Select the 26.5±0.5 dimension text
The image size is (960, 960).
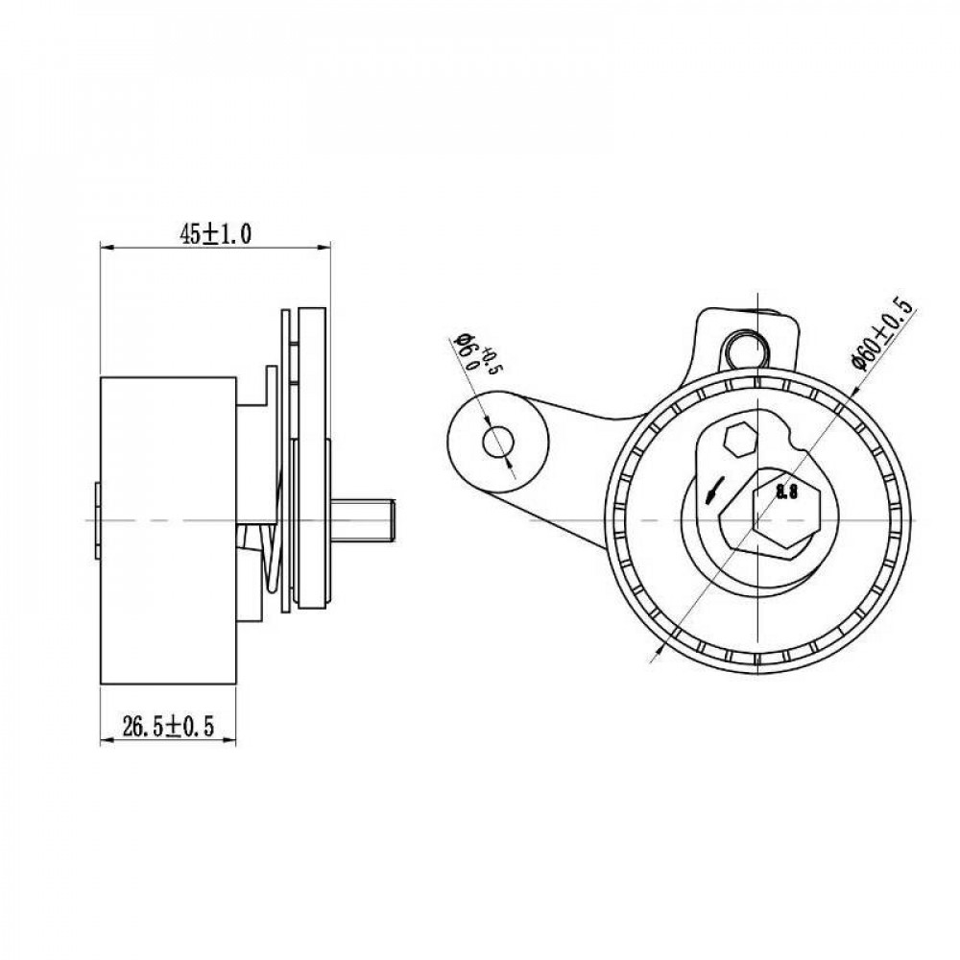pyautogui.click(x=168, y=727)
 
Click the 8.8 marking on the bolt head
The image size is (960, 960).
pyautogui.click(x=787, y=492)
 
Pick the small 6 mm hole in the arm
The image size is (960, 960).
pyautogui.click(x=497, y=443)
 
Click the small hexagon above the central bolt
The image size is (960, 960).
pyautogui.click(x=739, y=439)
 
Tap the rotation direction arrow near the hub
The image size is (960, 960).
pyautogui.click(x=714, y=490)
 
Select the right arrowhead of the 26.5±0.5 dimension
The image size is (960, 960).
pyautogui.click(x=229, y=741)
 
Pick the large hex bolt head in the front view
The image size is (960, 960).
pyautogui.click(x=786, y=508)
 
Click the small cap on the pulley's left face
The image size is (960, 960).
pyautogui.click(x=97, y=520)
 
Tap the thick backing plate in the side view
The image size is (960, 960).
pyautogui.click(x=312, y=458)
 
